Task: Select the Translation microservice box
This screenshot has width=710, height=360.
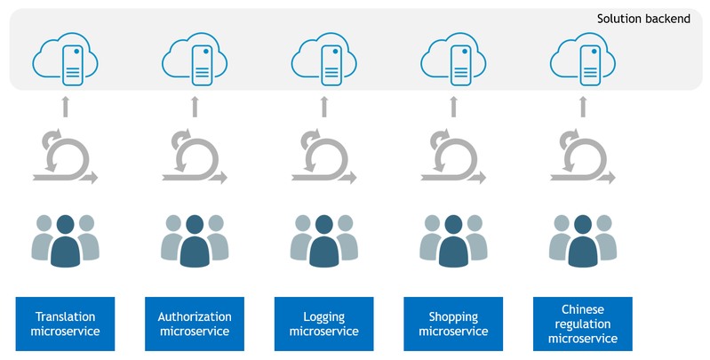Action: [x=65, y=324]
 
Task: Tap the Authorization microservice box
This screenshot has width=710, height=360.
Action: [x=195, y=324]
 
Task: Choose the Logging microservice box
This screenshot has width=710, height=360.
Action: [x=324, y=324]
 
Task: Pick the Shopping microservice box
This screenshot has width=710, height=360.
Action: [x=453, y=324]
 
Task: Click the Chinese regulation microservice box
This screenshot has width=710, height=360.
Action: [x=583, y=324]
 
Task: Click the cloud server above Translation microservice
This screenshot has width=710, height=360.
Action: [x=65, y=60]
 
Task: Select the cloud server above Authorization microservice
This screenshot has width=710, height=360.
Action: [x=195, y=60]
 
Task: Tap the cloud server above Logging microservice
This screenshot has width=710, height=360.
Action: [x=324, y=60]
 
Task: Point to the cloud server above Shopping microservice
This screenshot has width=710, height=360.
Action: [x=453, y=60]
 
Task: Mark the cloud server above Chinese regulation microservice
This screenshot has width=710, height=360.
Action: [x=583, y=60]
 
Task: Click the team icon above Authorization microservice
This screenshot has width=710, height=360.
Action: [x=195, y=240]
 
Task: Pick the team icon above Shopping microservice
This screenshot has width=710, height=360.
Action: [x=453, y=240]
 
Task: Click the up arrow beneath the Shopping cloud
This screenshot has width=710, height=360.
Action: [x=453, y=108]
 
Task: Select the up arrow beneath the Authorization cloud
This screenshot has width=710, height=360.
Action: [x=195, y=108]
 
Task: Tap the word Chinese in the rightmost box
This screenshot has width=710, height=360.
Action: [x=583, y=309]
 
